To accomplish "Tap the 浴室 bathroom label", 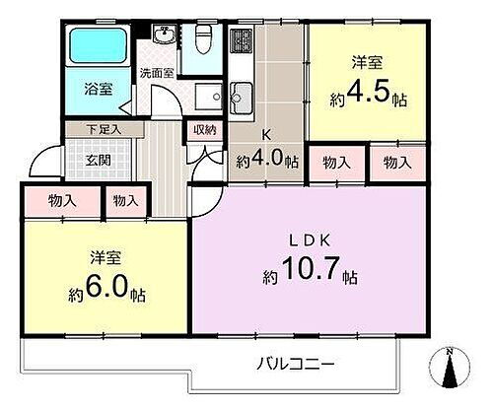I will pyautogui.click(x=97, y=90).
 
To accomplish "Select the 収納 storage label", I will pyautogui.click(x=203, y=128).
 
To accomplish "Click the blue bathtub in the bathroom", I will pyautogui.click(x=97, y=45).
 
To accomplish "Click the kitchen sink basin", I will pyautogui.click(x=242, y=98).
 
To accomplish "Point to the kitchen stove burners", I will pyautogui.click(x=242, y=42).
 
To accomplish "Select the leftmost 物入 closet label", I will pyautogui.click(x=61, y=201).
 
